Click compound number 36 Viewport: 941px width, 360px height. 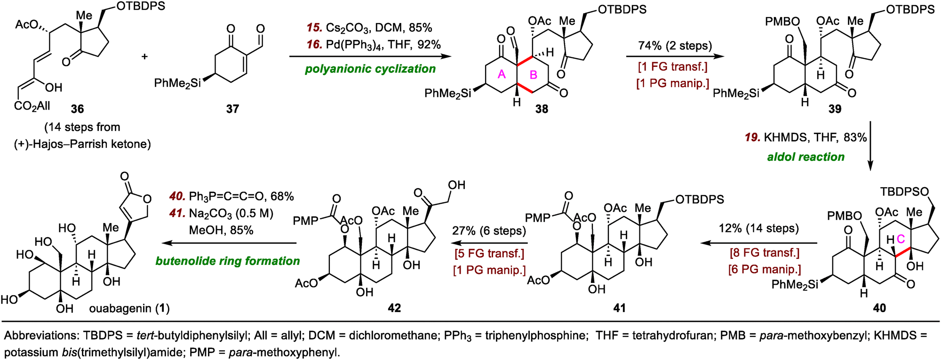77,109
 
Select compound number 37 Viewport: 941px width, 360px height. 232,109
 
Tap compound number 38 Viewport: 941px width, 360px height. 542,109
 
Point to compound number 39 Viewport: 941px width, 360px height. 835,109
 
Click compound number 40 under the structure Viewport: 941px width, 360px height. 879,308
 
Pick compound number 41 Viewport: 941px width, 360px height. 620,308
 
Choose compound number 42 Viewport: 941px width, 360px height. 394,308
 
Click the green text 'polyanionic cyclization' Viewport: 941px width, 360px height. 370,69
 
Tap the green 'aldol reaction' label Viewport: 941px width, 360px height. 806,157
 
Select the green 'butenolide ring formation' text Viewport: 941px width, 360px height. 228,261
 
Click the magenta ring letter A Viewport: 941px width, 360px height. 502,74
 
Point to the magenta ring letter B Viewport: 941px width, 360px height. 534,75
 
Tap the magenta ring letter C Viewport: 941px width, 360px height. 901,240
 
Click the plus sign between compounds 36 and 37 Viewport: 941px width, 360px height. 144,56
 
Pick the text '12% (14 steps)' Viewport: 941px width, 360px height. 758,229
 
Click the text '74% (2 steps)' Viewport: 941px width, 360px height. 675,46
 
